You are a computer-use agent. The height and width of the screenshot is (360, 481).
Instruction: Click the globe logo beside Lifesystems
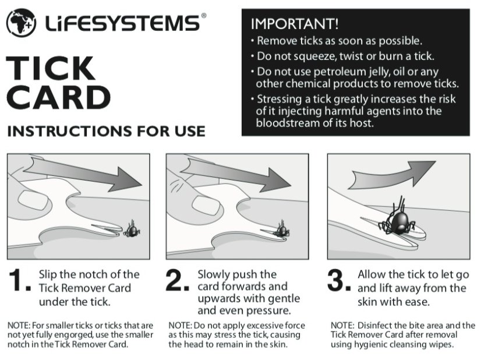(21, 23)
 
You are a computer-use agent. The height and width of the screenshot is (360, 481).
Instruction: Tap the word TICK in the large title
(51, 69)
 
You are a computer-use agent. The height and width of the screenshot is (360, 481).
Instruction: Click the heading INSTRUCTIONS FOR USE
(106, 130)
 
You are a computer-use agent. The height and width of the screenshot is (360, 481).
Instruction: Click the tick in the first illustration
(133, 230)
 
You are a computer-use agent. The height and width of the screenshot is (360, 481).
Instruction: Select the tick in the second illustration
(282, 228)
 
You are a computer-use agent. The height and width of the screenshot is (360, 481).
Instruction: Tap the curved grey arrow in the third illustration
(402, 172)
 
